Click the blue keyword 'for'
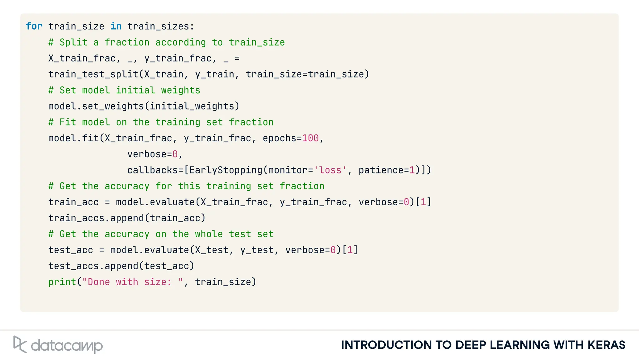[x=34, y=26]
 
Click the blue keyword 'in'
[x=116, y=26]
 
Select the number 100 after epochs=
[x=310, y=138]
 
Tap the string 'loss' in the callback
[x=330, y=170]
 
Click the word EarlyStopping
[x=226, y=170]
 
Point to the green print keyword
[x=62, y=282]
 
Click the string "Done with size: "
[x=133, y=282]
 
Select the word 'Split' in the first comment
[x=73, y=42]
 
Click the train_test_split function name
[x=93, y=74]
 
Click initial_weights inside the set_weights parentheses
[x=192, y=106]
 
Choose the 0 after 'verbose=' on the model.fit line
[x=175, y=154]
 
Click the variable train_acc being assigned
[x=73, y=202]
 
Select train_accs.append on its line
[x=96, y=218]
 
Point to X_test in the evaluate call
[x=212, y=250]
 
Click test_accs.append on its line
[x=93, y=266]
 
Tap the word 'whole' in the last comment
[x=209, y=234]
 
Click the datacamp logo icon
[x=20, y=344]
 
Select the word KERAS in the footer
[x=606, y=345]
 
